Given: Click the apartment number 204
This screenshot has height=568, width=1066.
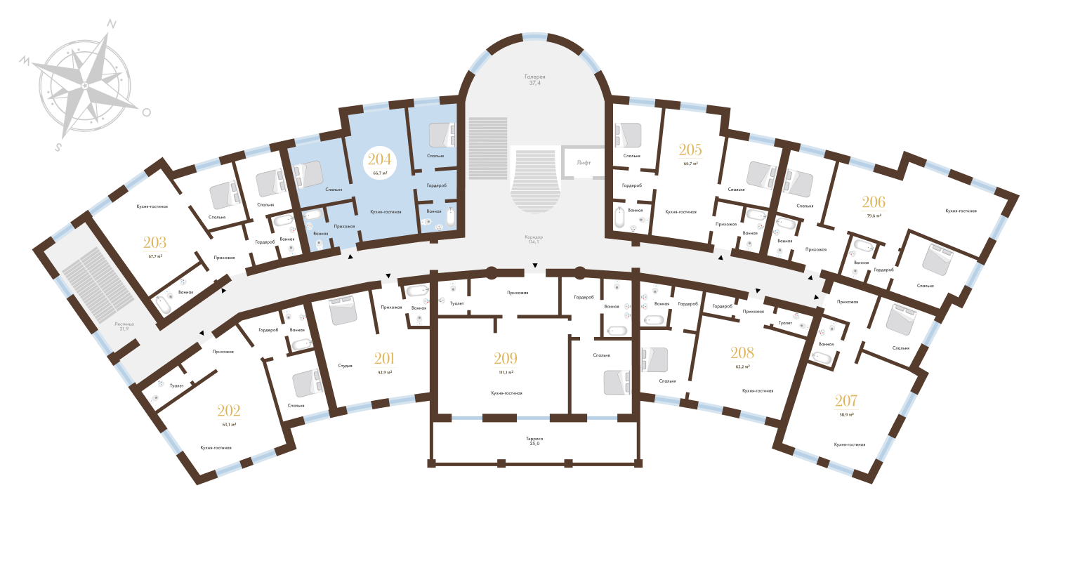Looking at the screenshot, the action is coord(379,160).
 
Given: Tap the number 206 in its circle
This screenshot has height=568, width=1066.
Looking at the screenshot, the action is coord(874,204).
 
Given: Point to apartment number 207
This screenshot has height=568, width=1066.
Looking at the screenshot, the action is coord(845,402).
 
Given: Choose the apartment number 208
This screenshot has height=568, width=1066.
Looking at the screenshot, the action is coord(742,354).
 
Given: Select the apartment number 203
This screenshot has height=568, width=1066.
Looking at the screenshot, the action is coord(154,244).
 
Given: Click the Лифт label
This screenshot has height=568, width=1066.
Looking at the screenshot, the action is coord(584,162).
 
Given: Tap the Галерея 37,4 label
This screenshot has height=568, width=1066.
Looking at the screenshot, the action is coord(534,79).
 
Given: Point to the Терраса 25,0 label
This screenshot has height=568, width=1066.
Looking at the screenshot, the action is coord(534,442).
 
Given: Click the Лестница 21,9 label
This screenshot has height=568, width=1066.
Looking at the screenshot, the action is coord(124,326).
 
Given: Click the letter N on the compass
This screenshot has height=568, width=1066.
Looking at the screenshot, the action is coord(110,23).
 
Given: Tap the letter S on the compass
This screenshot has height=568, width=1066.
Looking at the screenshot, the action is coord(59,147).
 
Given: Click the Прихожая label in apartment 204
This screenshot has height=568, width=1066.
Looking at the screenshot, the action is coord(344,226).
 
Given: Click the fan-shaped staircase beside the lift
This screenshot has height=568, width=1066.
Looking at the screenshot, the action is coord(535,179).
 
